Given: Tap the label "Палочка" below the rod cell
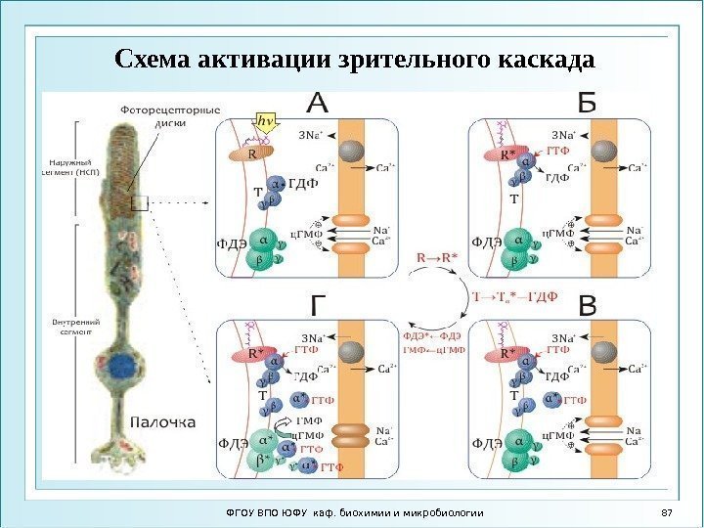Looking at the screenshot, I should [163, 422].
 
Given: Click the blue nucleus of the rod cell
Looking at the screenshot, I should [124, 369].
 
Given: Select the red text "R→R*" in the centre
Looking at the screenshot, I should [437, 258].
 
